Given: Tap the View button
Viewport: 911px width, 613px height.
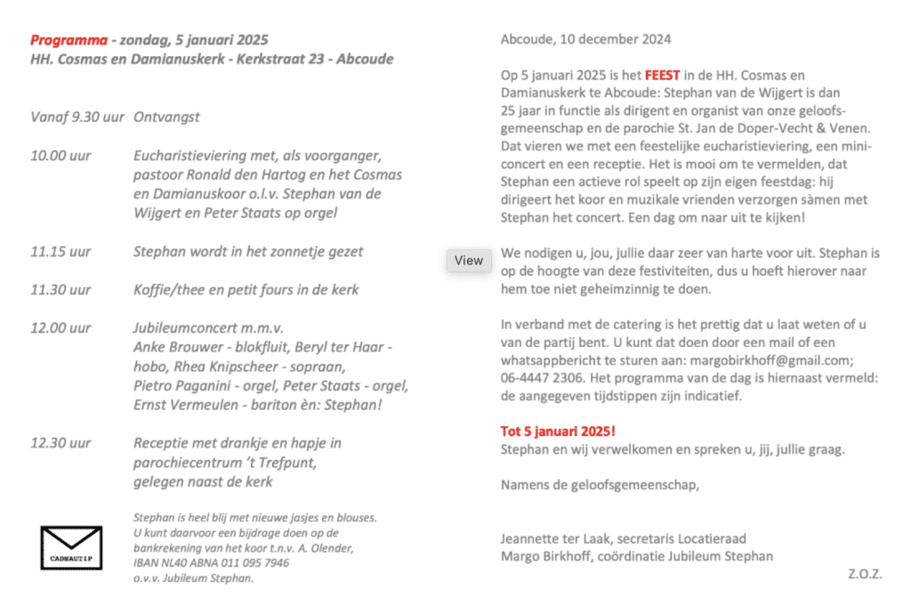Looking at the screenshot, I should (469, 261).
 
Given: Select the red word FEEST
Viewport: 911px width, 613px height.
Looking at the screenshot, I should (663, 77).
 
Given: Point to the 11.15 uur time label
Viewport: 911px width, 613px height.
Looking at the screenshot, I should (60, 252).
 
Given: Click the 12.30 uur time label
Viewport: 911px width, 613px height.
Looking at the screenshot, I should (60, 443).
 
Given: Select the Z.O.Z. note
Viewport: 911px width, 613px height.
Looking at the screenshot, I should (865, 575).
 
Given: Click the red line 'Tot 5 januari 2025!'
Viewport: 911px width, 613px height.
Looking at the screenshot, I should (558, 432).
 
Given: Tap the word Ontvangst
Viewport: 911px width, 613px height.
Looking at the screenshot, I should (166, 117).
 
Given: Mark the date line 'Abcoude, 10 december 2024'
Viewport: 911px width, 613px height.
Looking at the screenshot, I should (585, 39).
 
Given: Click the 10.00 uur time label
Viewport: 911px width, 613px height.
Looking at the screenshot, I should (60, 157).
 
